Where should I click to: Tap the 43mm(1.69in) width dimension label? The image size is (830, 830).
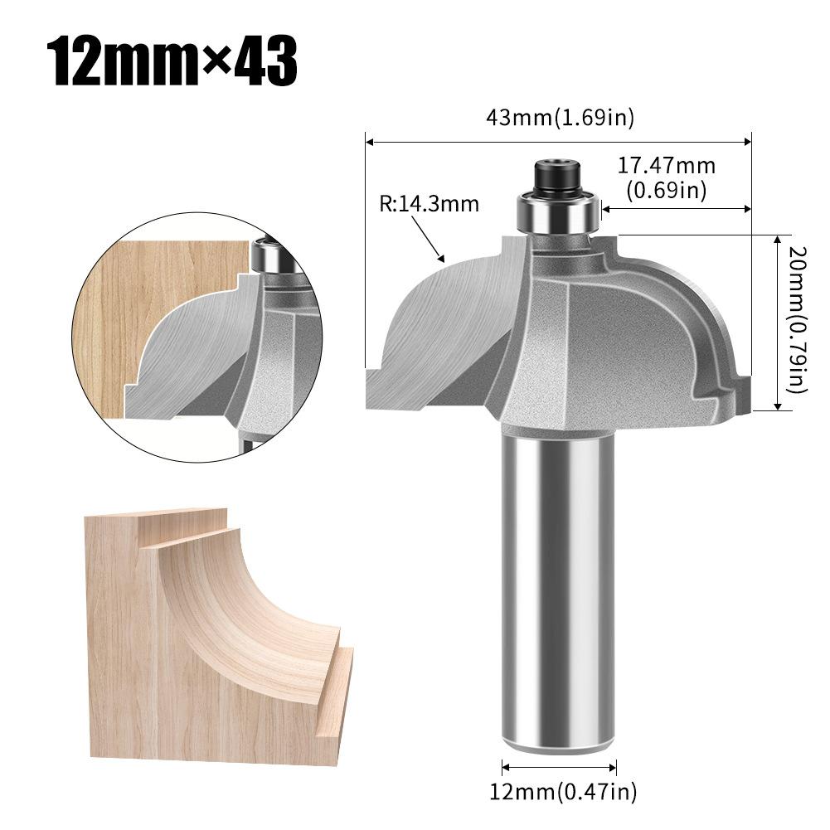coord(561,118)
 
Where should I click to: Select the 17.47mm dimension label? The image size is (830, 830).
coord(666,166)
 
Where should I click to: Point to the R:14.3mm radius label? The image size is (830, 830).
coord(430,203)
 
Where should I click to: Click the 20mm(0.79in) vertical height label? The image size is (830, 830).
coord(796,320)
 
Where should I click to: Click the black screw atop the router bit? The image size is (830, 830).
coord(556,176)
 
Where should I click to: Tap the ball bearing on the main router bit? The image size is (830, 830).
coord(558,214)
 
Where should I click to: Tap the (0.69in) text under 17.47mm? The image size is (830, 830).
coord(666,191)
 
